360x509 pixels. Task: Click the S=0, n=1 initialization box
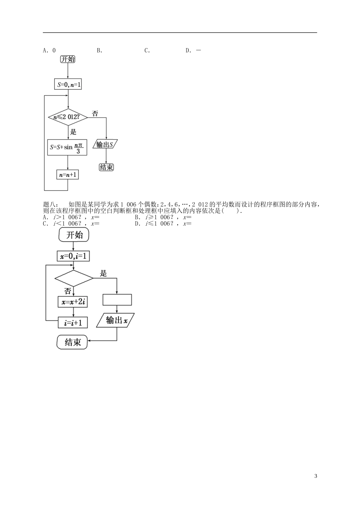tap(68, 84)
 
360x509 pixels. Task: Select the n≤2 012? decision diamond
tap(68, 117)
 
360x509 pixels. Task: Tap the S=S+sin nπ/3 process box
tap(67, 147)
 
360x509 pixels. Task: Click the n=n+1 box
tap(67, 175)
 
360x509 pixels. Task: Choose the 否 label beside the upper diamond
tap(95, 113)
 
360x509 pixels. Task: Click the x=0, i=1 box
tap(74, 256)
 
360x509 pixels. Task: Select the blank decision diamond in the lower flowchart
tap(74, 278)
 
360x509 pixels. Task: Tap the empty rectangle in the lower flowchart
tap(117, 300)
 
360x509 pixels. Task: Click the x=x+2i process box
tap(73, 302)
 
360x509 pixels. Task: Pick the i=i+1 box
tap(73, 323)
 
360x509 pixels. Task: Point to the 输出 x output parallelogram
tap(116, 320)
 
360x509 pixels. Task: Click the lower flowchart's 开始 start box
tap(74, 235)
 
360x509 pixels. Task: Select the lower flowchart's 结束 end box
tap(72, 342)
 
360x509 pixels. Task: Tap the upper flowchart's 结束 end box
tap(106, 167)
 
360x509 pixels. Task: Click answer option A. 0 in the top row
tap(50, 50)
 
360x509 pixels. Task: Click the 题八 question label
tap(50, 205)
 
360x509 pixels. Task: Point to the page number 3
tap(315, 476)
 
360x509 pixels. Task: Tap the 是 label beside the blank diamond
tap(103, 273)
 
